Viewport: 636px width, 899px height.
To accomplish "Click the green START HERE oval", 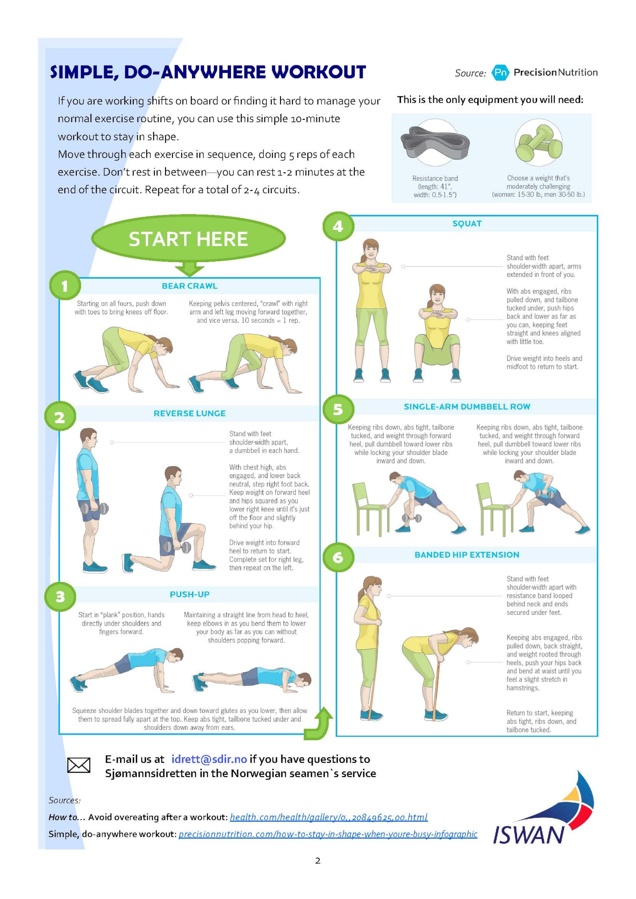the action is click(x=188, y=238).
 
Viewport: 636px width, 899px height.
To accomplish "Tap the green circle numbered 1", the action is click(x=65, y=286).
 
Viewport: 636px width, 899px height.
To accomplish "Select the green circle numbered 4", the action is click(x=338, y=226).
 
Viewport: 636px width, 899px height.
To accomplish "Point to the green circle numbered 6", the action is click(x=338, y=557).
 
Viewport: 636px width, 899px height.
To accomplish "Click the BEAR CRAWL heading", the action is click(x=190, y=286).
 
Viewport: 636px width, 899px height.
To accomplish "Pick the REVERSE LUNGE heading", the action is click(x=190, y=414).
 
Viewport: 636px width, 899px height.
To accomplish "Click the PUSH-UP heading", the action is click(x=190, y=594).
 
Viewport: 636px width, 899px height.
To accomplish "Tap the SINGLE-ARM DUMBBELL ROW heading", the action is click(x=467, y=407).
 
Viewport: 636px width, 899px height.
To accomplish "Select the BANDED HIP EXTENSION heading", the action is click(x=467, y=555).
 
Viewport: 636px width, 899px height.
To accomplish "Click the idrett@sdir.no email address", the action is click(x=209, y=759).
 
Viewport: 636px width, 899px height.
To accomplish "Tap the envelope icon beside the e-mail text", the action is click(x=79, y=765).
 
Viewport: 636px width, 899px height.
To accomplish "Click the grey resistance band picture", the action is click(x=435, y=142).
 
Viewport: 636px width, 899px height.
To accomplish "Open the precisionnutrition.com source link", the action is click(x=328, y=834).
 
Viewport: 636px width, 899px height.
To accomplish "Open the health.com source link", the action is click(x=328, y=817).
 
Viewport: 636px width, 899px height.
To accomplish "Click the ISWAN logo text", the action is click(x=528, y=835).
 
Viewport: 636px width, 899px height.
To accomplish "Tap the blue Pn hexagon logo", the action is click(x=500, y=72).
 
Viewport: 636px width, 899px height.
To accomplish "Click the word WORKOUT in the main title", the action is click(x=319, y=72).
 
